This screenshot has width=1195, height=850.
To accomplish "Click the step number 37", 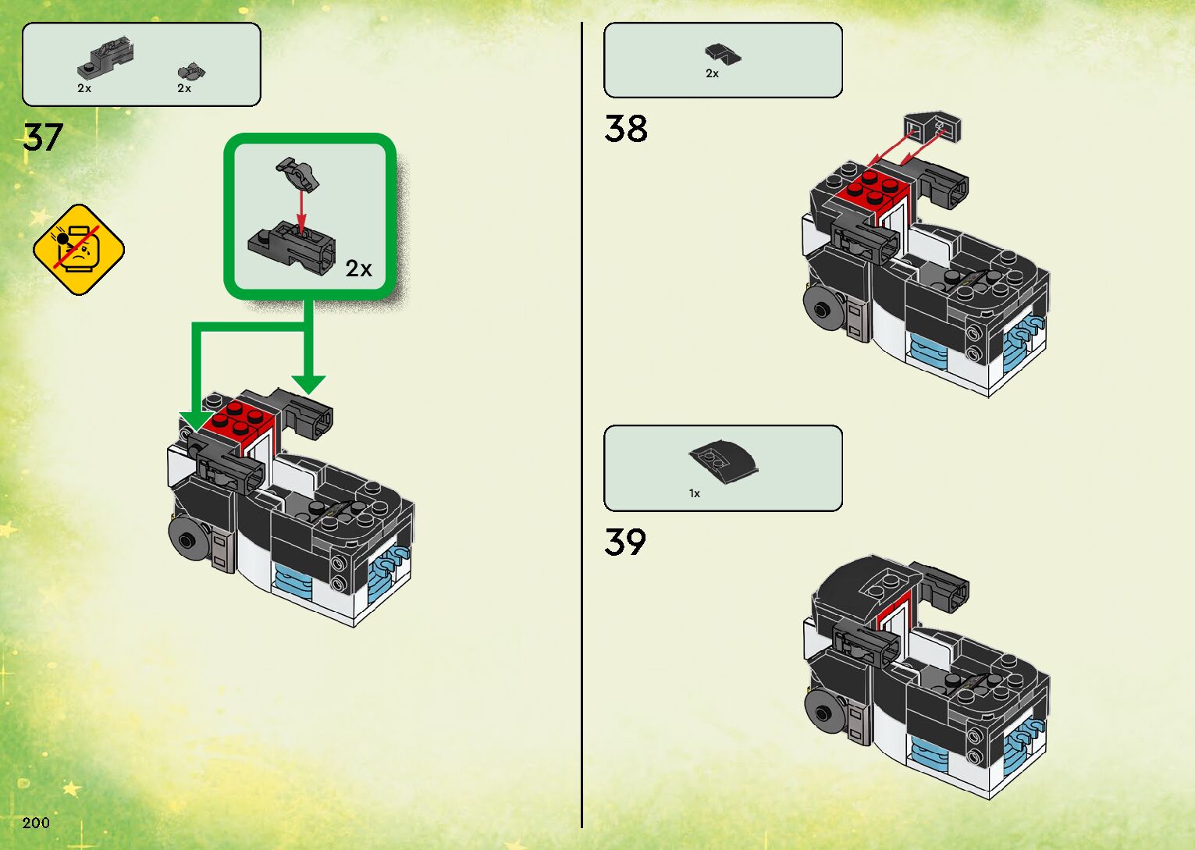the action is click(x=43, y=137).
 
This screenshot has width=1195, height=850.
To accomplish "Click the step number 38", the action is click(x=625, y=129).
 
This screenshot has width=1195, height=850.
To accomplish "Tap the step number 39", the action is click(x=625, y=542).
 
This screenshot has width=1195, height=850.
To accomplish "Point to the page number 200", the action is click(x=36, y=822).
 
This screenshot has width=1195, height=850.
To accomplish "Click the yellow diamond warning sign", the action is click(x=78, y=250).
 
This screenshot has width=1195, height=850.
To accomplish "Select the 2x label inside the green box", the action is click(x=359, y=269).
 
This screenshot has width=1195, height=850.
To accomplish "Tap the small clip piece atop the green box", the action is click(x=297, y=173).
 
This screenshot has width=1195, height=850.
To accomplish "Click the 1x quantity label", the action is click(x=695, y=493).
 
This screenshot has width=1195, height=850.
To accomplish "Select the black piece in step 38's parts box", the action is click(x=723, y=55).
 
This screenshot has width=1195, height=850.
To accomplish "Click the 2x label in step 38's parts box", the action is click(x=712, y=73).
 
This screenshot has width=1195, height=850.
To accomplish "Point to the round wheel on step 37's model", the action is click(x=188, y=539).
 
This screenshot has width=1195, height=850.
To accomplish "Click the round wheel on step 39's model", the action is click(x=824, y=711).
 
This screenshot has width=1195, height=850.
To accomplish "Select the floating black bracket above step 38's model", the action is click(x=932, y=127).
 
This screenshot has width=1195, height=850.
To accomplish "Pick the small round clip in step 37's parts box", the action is click(x=190, y=73).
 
